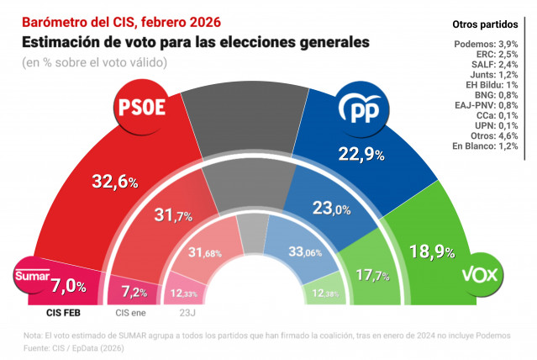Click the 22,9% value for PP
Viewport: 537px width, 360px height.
(x=359, y=154)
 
